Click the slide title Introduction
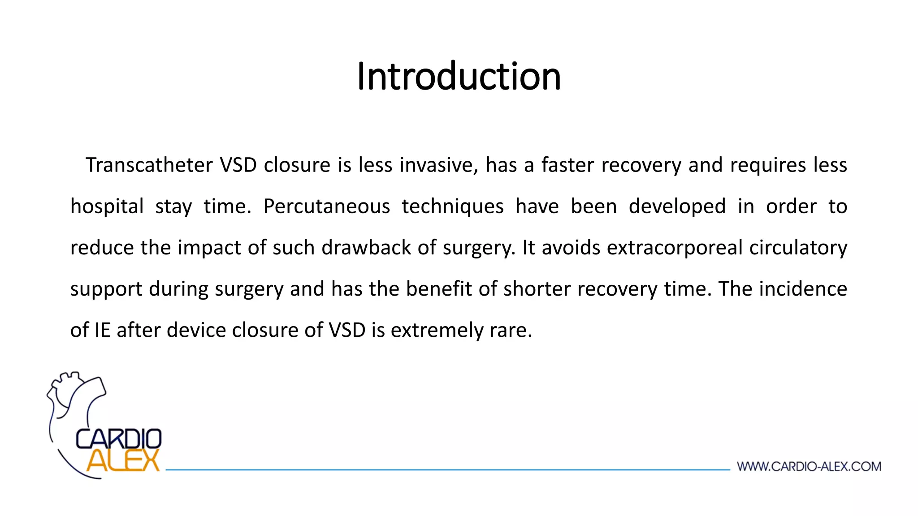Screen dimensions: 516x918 point(459,77)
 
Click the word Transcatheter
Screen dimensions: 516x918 point(149,165)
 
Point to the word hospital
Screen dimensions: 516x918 point(107,206)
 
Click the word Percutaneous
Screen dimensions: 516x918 point(326,206)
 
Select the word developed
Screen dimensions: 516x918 point(677,206)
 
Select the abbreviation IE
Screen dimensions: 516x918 point(102,330)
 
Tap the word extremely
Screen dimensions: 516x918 point(437,330)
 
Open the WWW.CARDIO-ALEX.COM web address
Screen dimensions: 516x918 point(809,467)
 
